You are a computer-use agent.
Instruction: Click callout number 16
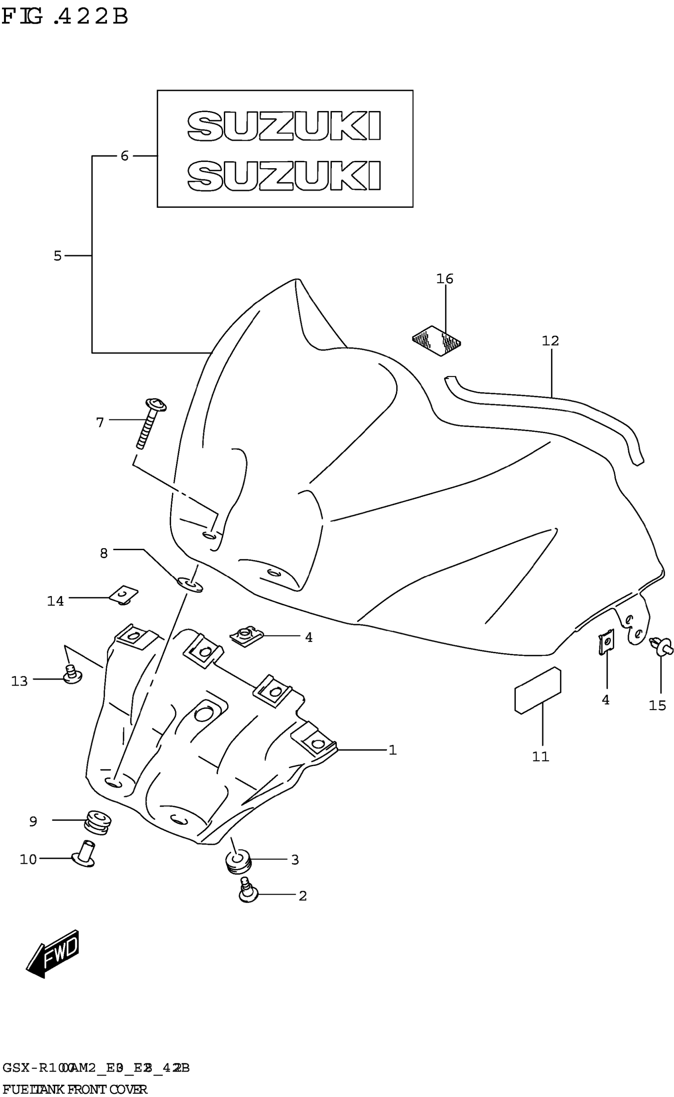tap(444, 279)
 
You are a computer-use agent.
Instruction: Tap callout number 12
tap(550, 341)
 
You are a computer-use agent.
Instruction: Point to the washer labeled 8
tap(190, 584)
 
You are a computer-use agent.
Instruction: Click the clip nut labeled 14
tap(124, 595)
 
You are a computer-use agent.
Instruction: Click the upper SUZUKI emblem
tap(284, 126)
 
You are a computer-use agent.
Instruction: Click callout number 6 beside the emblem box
tap(124, 156)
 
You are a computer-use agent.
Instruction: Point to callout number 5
tap(57, 256)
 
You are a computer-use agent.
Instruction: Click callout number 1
tap(392, 750)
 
